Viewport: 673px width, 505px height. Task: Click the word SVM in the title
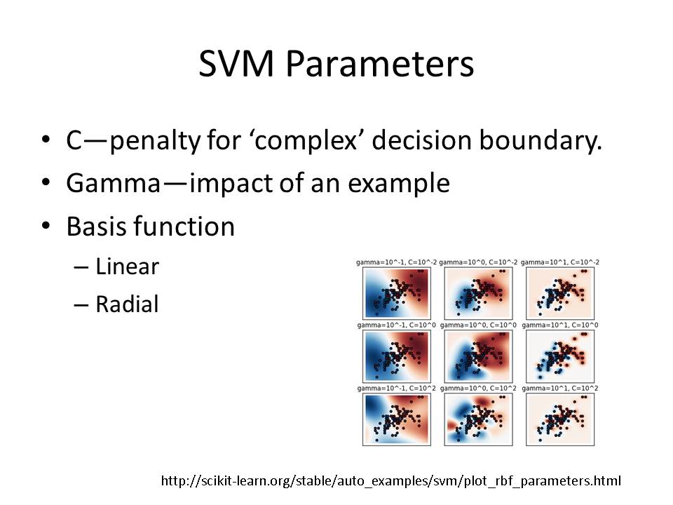tap(236, 63)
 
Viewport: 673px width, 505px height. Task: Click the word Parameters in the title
tap(379, 63)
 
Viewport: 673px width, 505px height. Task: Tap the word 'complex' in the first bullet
tap(306, 140)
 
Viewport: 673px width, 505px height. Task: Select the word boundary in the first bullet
tap(540, 140)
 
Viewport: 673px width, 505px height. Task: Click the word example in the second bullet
tap(399, 183)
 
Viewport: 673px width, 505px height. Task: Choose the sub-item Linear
tap(127, 267)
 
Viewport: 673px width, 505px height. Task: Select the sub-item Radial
tap(127, 304)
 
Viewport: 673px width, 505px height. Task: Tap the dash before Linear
tap(81, 267)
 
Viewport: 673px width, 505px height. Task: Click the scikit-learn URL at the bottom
tap(391, 480)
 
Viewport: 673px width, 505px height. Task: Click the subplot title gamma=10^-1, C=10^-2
tap(396, 262)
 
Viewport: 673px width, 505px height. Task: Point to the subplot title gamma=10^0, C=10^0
tap(478, 325)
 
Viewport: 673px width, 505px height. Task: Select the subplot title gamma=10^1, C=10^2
tap(559, 389)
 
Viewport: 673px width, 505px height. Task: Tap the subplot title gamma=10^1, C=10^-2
tap(559, 262)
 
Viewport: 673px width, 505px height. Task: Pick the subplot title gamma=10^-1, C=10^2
tap(396, 389)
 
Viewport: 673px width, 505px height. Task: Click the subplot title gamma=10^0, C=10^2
tap(478, 389)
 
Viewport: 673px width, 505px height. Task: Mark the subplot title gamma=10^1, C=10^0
tap(559, 325)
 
